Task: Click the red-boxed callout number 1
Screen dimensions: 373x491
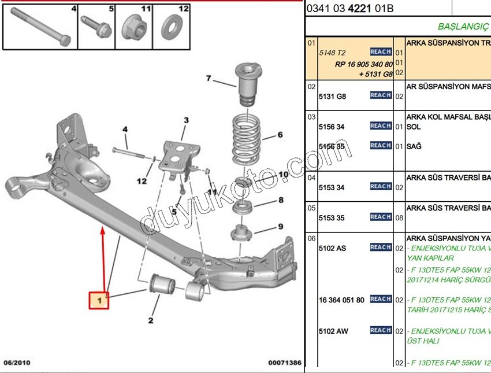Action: coord(99,301)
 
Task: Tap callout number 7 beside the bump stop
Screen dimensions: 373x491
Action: coord(209,79)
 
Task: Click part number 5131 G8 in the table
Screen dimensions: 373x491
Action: coord(332,96)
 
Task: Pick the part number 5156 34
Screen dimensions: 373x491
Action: coord(332,127)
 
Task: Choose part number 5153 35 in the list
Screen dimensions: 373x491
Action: coord(332,218)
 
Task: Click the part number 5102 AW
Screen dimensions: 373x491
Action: coord(333,331)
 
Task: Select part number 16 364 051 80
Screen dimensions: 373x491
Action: coord(342,300)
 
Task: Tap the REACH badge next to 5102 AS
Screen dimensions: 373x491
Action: coord(381,248)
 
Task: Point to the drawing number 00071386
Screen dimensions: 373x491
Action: coord(285,363)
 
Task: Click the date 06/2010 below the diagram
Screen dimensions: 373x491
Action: coord(17,363)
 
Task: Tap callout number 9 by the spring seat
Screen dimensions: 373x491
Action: coord(281,226)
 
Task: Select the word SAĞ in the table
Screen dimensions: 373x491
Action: coord(414,146)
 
